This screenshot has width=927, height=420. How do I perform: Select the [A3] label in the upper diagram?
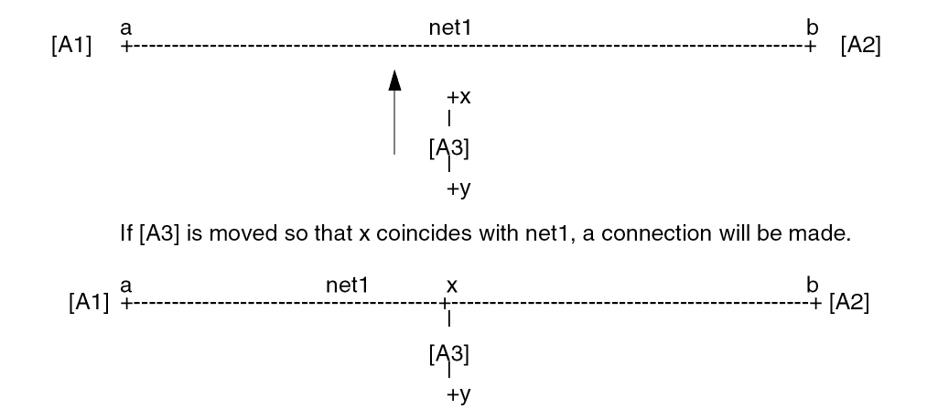449,148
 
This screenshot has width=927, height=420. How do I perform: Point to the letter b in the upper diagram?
812,27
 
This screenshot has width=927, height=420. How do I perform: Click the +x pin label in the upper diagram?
458,96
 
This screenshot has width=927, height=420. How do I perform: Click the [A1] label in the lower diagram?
88,302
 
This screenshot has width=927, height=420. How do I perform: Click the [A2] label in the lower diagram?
849,302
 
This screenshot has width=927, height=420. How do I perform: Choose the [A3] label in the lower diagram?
449,353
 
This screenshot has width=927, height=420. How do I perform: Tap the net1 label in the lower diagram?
348,285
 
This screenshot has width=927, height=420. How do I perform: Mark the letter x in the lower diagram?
451,285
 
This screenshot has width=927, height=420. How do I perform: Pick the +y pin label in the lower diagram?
458,395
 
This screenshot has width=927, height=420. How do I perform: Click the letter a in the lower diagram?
125,285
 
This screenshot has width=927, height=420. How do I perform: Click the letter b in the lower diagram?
812,284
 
